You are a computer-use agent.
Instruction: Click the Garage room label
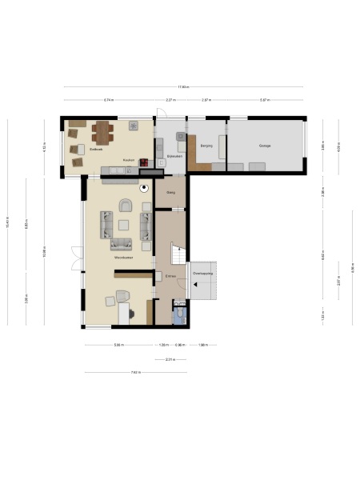tap(264, 146)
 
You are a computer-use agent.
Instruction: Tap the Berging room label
tap(206, 146)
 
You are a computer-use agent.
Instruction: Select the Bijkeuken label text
tap(174, 157)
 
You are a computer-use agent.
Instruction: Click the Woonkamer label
tap(122, 258)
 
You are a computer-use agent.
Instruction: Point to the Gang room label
tap(170, 193)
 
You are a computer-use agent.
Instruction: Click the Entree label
tap(170, 276)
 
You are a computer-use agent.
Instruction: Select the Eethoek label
tap(96, 150)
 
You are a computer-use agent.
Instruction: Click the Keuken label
tap(127, 160)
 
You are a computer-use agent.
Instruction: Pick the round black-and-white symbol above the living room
tap(144, 189)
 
